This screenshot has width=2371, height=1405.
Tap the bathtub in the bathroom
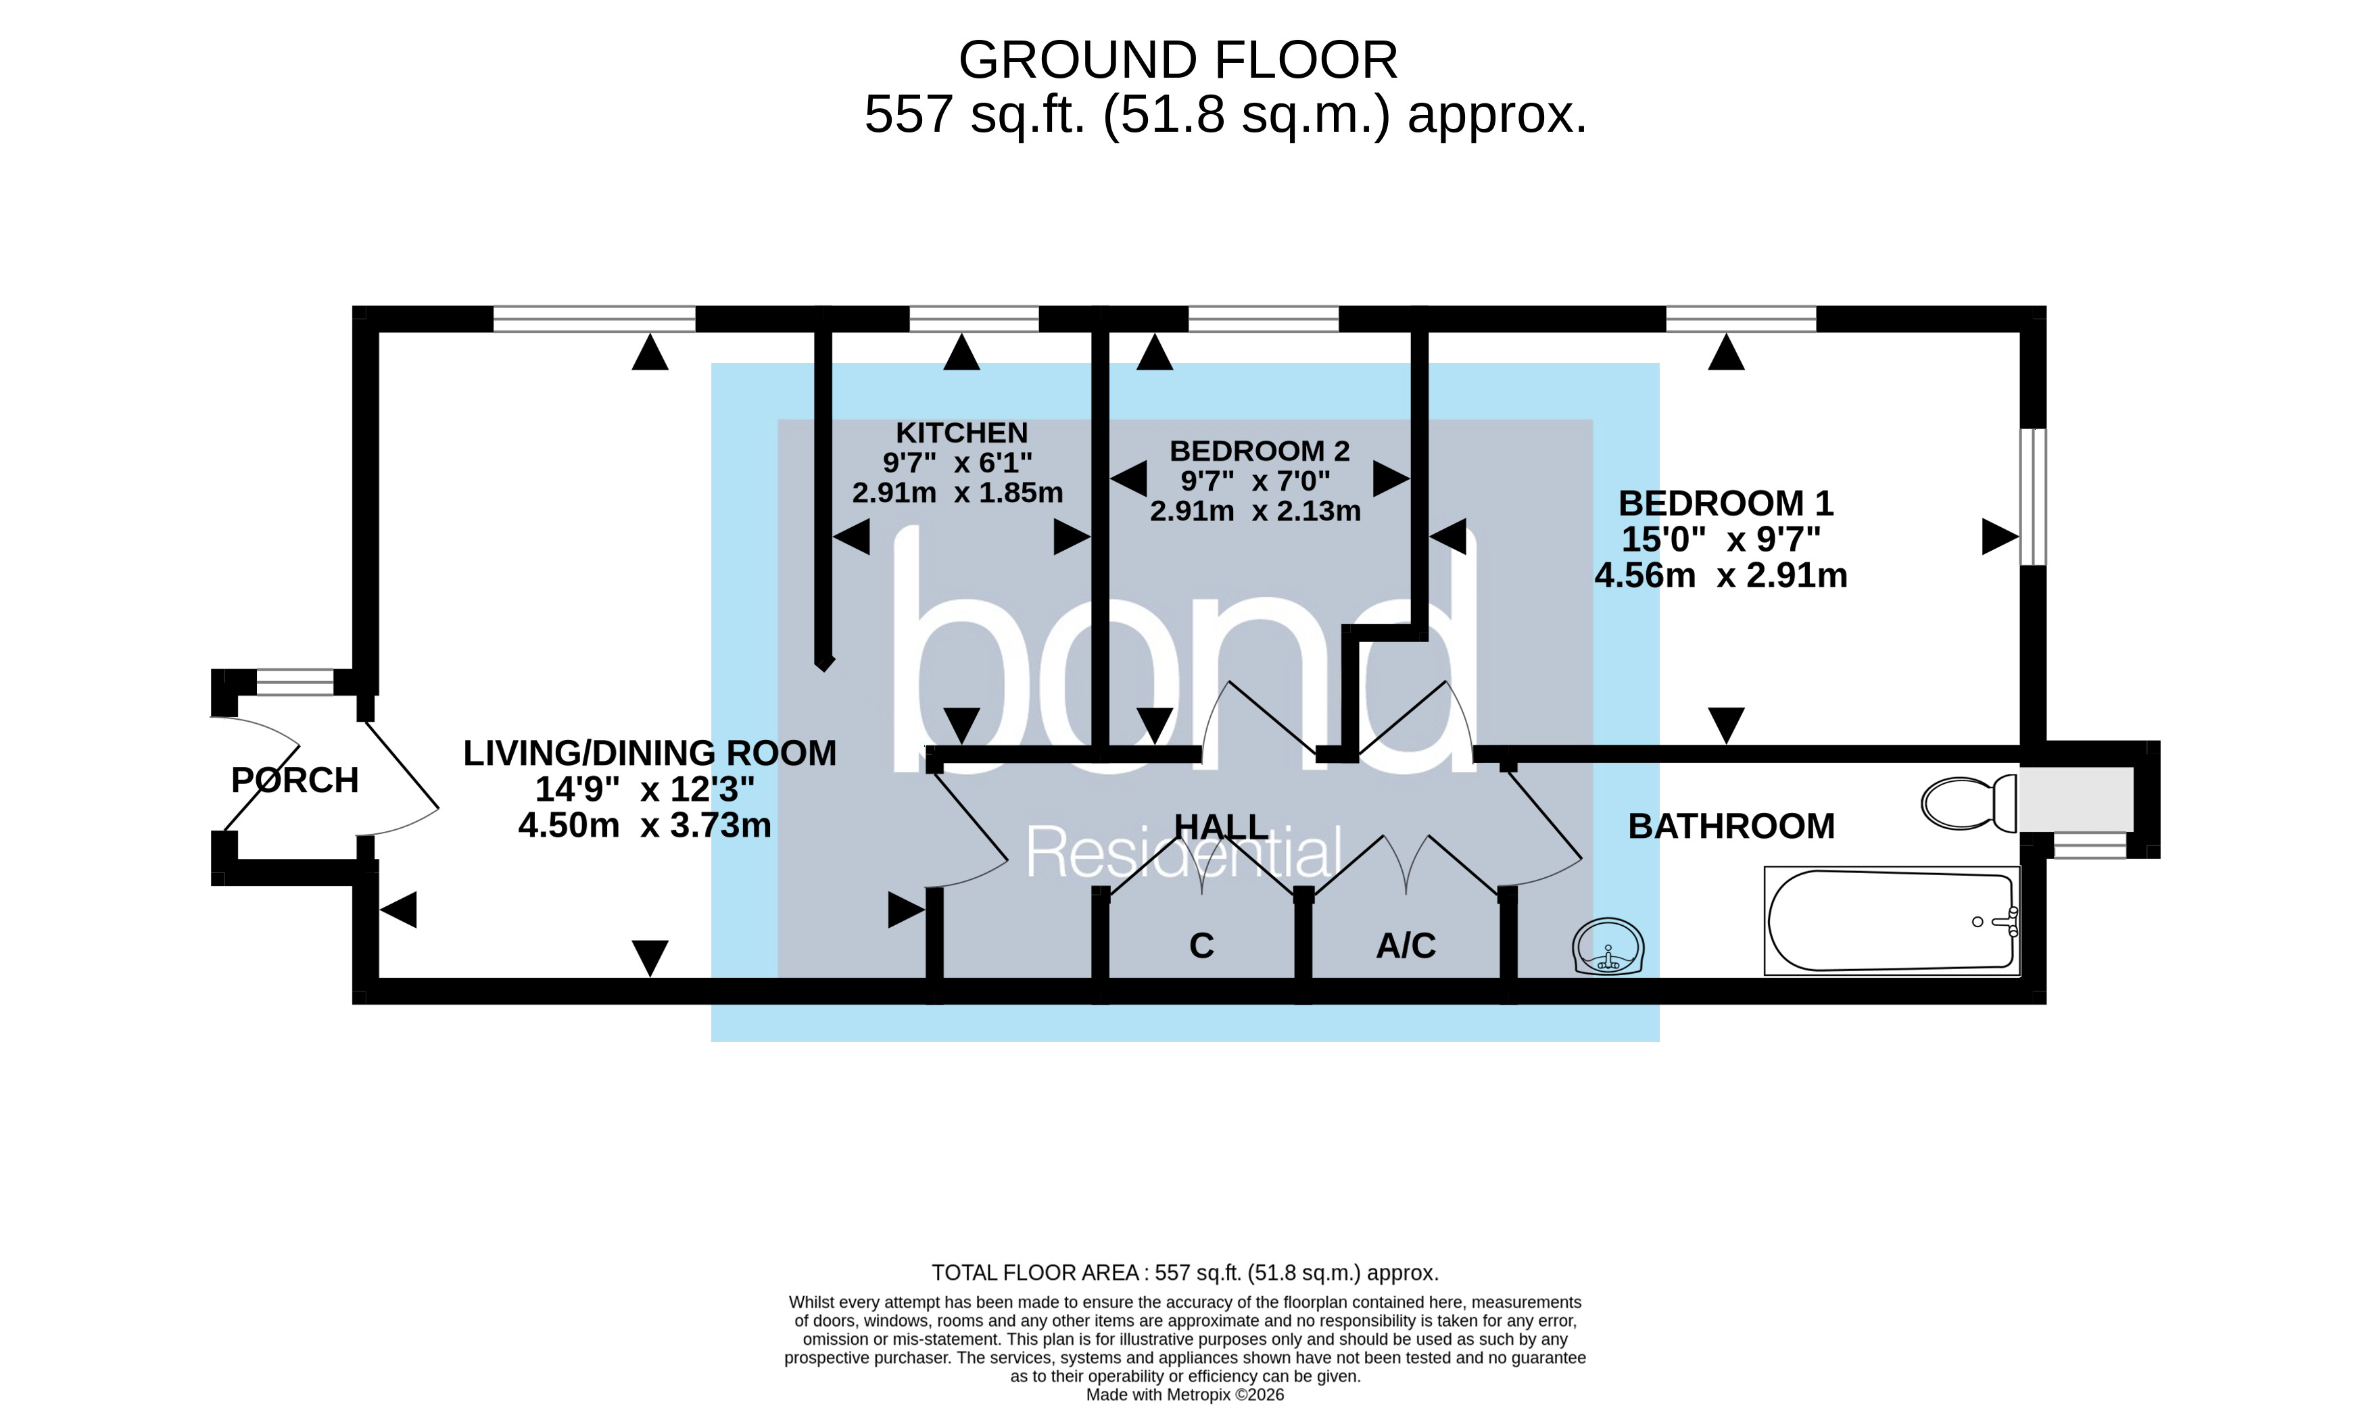tap(1891, 920)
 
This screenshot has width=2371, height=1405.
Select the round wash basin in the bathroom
tap(1608, 947)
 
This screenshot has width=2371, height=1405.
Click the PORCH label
tap(295, 780)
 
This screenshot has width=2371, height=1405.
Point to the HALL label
tap(1220, 827)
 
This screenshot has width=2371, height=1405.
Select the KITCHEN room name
tap(961, 433)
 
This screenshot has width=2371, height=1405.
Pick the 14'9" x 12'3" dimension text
tap(645, 789)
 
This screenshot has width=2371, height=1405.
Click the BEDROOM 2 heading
tap(1260, 451)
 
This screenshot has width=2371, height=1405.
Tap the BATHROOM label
tap(1731, 827)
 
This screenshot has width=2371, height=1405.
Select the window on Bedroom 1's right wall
tap(2032, 497)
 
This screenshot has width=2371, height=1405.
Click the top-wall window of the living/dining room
tap(594, 319)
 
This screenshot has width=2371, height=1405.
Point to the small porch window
tap(295, 682)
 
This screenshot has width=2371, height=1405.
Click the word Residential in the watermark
tap(1184, 852)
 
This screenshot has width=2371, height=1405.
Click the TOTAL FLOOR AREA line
tap(1184, 1273)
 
